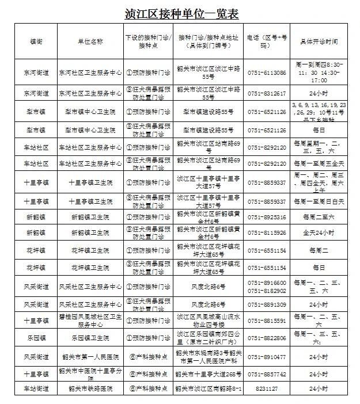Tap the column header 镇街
pyautogui.click(x=36, y=41)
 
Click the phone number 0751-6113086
pyautogui.click(x=267, y=73)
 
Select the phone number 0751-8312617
pyautogui.click(x=267, y=93)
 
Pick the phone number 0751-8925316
pyautogui.click(x=267, y=218)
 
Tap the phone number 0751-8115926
pyautogui.click(x=267, y=233)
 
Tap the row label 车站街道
pyautogui.click(x=36, y=389)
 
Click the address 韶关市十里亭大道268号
pyautogui.click(x=209, y=373)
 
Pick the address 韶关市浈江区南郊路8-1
pyautogui.click(x=209, y=389)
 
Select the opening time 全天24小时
pyautogui.click(x=319, y=233)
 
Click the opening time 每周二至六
pyautogui.click(x=319, y=218)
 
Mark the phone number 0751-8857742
pyautogui.click(x=267, y=373)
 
